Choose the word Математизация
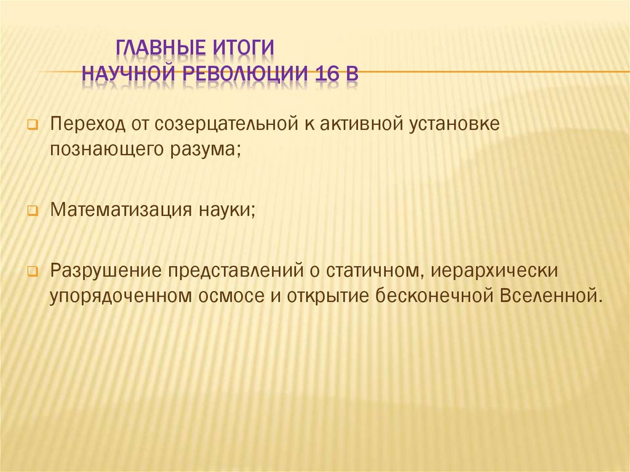[116, 209]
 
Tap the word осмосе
[230, 295]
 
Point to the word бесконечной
[429, 295]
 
